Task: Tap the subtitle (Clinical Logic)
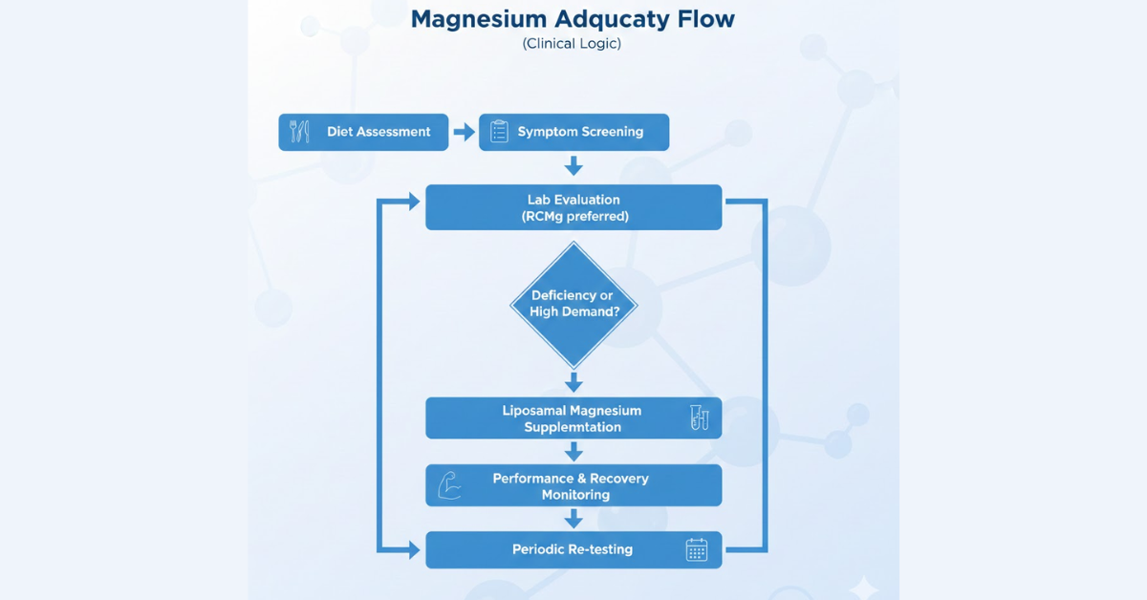[572, 44]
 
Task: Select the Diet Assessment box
[363, 132]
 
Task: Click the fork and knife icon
[300, 132]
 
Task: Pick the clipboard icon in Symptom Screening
[499, 132]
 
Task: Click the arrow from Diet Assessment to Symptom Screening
[464, 132]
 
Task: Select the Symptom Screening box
[573, 132]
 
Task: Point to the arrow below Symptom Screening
[573, 166]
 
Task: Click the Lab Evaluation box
[573, 207]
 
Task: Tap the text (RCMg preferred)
[573, 216]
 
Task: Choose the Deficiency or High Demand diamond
[573, 304]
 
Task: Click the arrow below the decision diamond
[573, 382]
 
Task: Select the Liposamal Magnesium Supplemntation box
[573, 418]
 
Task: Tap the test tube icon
[700, 418]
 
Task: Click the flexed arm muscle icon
[449, 485]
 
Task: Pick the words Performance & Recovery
[572, 478]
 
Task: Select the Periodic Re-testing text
[572, 549]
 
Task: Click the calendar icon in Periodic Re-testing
[697, 549]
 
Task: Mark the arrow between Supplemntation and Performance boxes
[573, 451]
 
